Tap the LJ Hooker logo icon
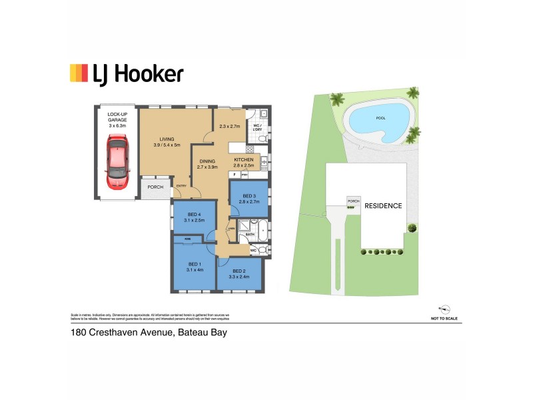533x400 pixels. [79, 73]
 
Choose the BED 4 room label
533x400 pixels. [194, 213]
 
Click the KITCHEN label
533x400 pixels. [243, 160]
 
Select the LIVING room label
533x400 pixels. [167, 139]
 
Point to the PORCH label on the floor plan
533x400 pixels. [155, 187]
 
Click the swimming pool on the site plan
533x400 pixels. [380, 121]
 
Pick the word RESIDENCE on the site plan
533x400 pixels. [383, 206]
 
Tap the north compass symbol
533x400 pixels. [445, 309]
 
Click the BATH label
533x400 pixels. [251, 235]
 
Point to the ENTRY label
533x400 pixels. [181, 187]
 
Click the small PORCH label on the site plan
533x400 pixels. [353, 201]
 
